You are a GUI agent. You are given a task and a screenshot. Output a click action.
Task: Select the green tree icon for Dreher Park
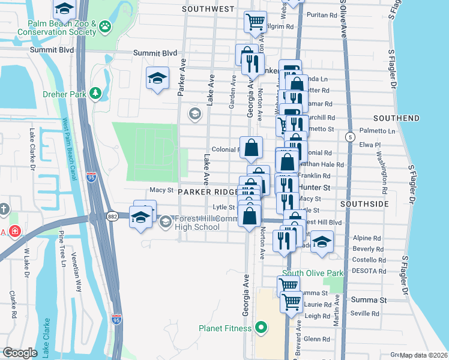(x=95, y=93)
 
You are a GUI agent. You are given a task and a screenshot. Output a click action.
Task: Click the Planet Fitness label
(x=227, y=328)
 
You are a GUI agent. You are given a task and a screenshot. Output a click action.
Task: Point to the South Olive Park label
(x=312, y=273)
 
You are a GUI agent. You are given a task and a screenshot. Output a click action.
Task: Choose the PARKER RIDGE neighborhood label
(x=208, y=191)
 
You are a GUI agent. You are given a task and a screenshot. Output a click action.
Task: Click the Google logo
(x=20, y=353)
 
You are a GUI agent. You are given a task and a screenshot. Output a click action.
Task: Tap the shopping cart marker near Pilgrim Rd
(x=255, y=22)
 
